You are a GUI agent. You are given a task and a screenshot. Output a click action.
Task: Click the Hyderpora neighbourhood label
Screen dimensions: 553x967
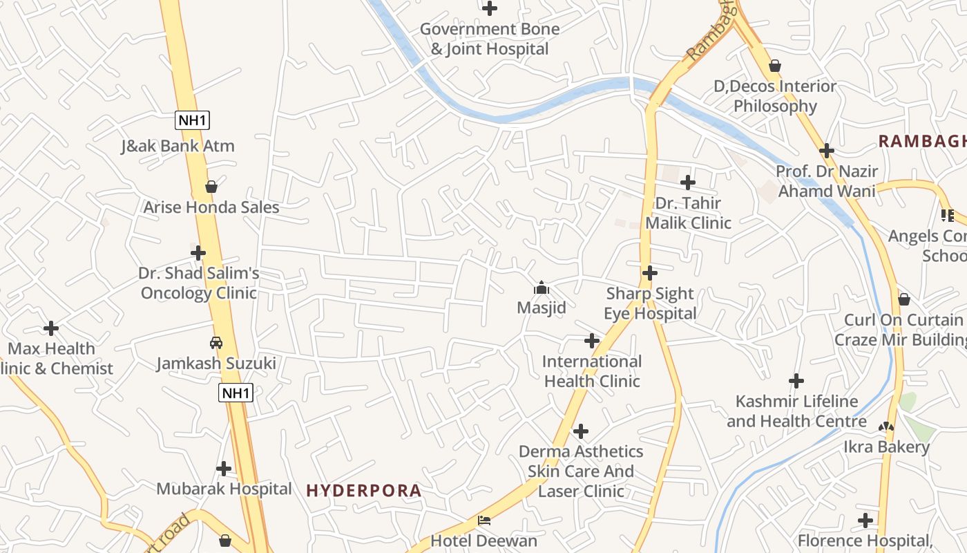point(363,491)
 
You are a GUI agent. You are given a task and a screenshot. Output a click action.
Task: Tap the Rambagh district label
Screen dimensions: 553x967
point(921,141)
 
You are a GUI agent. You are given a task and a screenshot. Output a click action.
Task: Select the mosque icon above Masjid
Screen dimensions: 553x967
point(542,288)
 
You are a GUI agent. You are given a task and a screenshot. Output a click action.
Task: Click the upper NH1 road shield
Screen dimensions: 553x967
point(193,120)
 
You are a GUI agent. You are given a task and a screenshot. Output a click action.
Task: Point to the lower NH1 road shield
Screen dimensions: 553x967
point(236,393)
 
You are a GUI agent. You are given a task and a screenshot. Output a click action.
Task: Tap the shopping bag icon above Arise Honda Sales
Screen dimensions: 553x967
point(211,187)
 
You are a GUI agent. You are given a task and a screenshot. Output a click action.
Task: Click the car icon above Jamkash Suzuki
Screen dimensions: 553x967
point(216,342)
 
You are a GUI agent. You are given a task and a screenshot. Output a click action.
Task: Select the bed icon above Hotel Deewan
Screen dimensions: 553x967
point(484,520)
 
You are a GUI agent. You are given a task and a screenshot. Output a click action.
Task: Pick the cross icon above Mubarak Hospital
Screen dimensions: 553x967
point(224,469)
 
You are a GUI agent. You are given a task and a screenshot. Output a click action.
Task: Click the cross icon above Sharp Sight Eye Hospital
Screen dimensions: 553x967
point(649,273)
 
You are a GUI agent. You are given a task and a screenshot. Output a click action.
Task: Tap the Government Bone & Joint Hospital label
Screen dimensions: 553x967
point(490,39)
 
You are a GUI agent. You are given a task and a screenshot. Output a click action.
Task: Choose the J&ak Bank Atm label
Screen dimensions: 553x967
point(178,146)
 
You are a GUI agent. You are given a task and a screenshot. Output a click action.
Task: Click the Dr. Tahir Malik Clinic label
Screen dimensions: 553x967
point(688,213)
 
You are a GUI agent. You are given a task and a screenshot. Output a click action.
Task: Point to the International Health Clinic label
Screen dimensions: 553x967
point(592,371)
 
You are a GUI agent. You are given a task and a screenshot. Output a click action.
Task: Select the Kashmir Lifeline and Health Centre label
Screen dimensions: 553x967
point(796,411)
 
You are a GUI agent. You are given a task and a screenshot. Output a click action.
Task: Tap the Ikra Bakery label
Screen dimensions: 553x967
point(886,447)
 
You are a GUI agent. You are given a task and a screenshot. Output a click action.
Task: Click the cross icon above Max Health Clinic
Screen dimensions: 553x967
point(51,328)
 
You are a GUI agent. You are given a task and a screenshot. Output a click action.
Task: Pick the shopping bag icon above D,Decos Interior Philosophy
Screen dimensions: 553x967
point(775,66)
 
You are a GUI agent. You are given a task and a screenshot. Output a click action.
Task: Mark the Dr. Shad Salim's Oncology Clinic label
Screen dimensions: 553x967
point(199,283)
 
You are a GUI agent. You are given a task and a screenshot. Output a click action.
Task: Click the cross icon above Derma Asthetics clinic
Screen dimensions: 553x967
point(581,431)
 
